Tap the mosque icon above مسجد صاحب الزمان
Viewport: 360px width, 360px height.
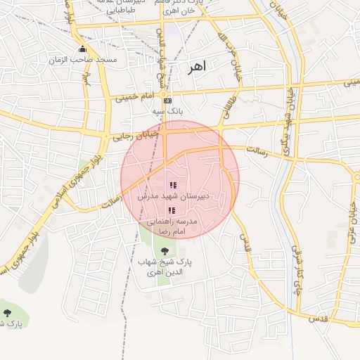click(x=83, y=49)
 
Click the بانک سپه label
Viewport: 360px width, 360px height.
click(x=167, y=111)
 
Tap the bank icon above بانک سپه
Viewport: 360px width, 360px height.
click(x=167, y=101)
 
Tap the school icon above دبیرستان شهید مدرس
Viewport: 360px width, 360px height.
click(x=173, y=186)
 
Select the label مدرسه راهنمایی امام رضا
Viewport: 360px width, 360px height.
click(x=173, y=226)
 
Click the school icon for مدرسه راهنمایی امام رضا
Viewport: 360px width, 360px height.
click(x=172, y=210)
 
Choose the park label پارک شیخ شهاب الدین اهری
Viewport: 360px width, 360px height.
click(x=165, y=266)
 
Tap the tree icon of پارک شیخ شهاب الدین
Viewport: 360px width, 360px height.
click(x=165, y=251)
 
